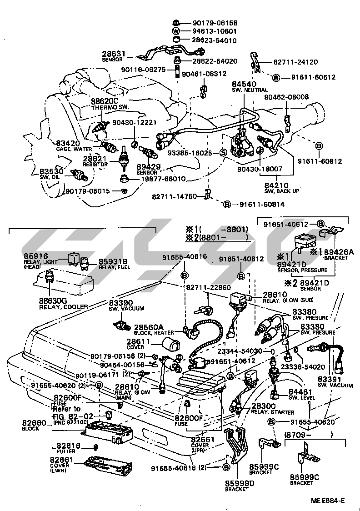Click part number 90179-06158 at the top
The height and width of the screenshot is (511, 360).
point(215,23)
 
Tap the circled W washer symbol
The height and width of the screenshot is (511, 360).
point(175,31)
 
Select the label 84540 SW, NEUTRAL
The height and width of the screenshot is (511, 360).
point(243,87)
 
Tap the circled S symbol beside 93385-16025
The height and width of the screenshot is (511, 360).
point(223,153)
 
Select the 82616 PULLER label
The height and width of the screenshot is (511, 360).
point(63,448)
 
